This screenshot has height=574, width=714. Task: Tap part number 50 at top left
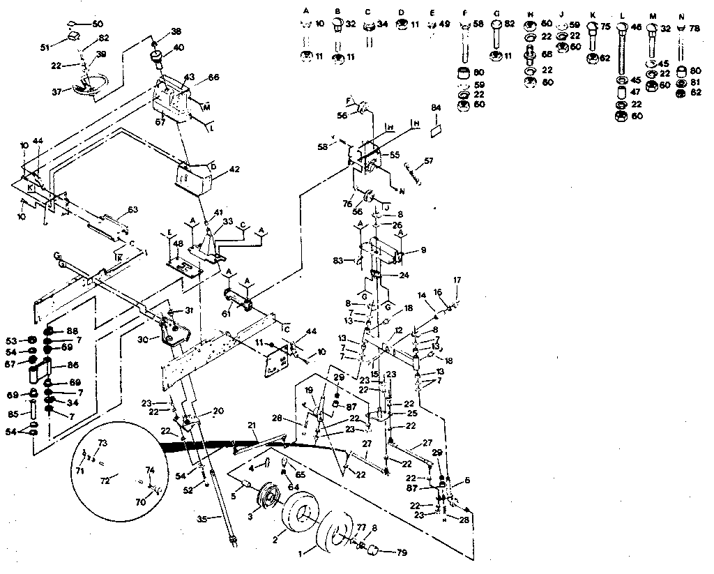97,23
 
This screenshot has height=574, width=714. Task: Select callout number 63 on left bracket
132,209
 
